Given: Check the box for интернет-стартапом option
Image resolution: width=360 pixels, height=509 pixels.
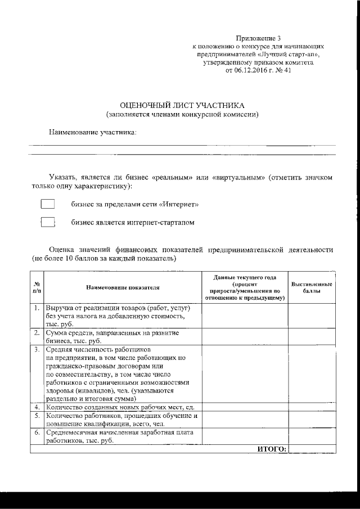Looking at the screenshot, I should coord(48,223).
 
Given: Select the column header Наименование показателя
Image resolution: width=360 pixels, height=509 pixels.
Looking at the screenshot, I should coord(123,287).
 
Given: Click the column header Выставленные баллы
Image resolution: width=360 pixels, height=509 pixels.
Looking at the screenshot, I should coord(312,288).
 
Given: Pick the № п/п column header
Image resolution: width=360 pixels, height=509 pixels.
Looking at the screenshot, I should coord(37,287).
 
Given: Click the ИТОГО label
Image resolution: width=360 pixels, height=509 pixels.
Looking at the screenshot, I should coord(272,448).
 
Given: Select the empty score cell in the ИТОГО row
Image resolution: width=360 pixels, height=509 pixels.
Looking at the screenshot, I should coord(312,448).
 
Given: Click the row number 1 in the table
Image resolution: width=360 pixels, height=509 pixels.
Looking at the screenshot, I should coord(37,309).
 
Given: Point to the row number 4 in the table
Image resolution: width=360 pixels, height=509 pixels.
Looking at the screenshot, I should coord(37,407).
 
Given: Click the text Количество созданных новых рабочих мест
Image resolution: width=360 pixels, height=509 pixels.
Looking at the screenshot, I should coord(120,407).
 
